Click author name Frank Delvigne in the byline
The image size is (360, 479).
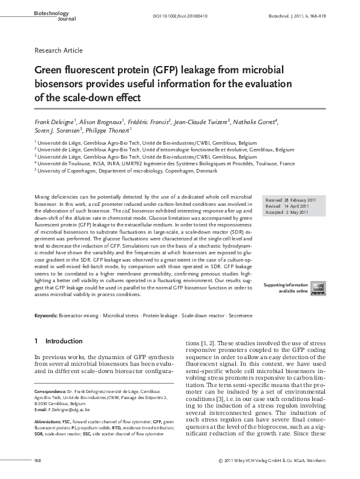click(53, 122)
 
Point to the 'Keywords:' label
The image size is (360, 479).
click(46, 316)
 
